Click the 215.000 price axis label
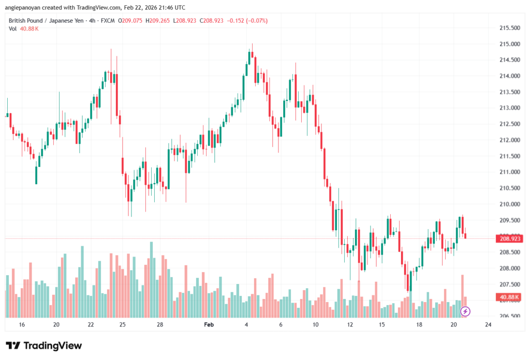[x=510, y=44]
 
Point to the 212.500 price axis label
[x=510, y=124]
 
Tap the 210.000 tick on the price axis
[x=510, y=204]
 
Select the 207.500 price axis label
[x=510, y=284]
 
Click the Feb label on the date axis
[x=209, y=325]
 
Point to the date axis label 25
[x=123, y=325]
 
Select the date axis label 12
[x=350, y=325]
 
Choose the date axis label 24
[x=488, y=325]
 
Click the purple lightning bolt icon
[x=465, y=311]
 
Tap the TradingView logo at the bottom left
[x=44, y=346]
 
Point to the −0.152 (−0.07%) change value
[x=248, y=21]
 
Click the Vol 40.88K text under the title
[x=24, y=28]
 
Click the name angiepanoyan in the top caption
[x=23, y=8]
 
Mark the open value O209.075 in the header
[x=131, y=21]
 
